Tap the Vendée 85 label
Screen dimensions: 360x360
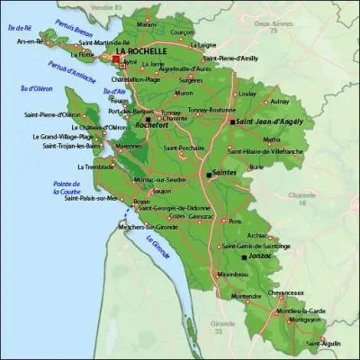point(168,5)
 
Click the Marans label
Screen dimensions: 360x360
point(148,24)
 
